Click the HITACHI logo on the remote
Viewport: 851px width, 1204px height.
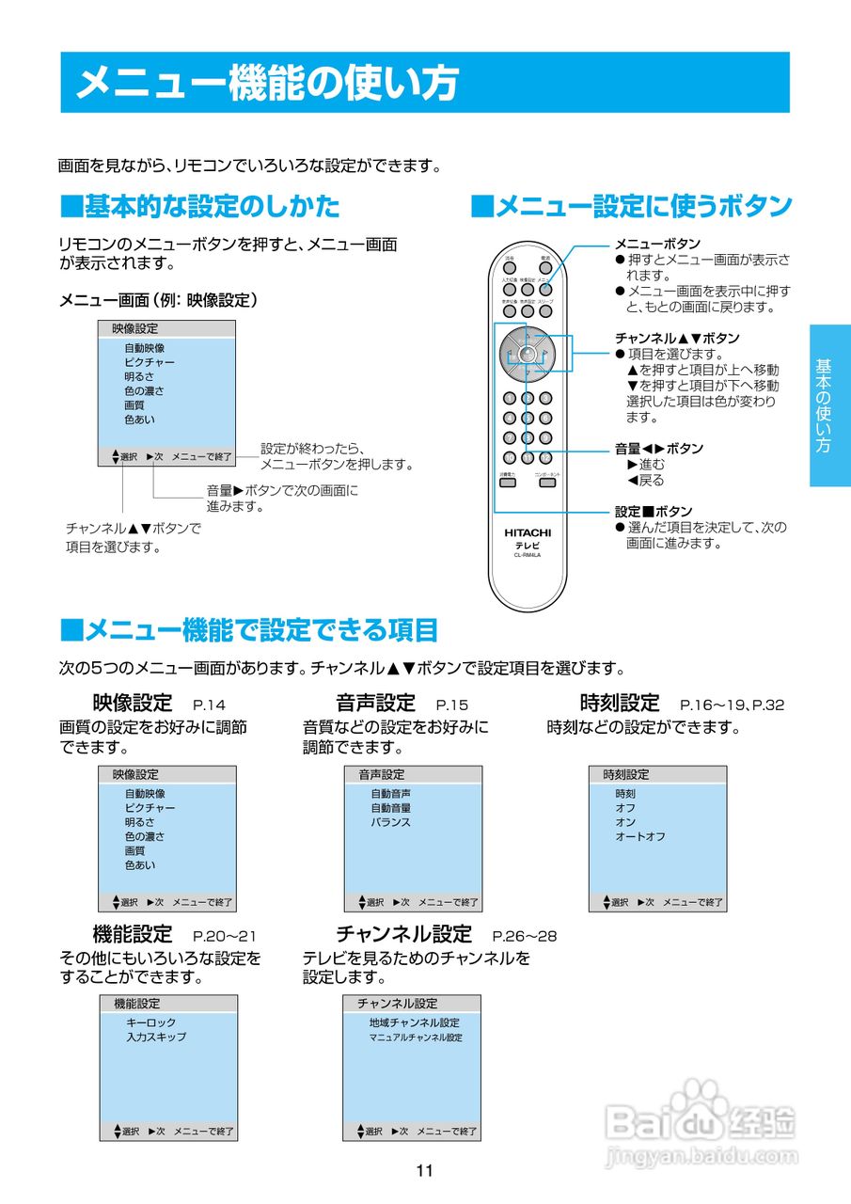[x=527, y=532]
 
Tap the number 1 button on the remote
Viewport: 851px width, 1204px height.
[x=509, y=398]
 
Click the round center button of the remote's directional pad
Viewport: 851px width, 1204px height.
[x=527, y=355]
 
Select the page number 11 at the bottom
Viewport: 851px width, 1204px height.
[x=424, y=1171]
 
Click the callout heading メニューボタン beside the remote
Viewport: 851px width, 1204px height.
[x=657, y=245]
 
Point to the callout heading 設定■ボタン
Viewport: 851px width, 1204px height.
[x=654, y=512]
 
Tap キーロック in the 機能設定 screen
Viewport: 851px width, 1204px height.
[x=150, y=1022]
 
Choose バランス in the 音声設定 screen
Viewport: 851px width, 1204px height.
[x=390, y=822]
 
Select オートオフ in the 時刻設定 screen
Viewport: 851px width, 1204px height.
[x=640, y=836]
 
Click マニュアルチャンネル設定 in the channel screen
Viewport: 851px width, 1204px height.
[x=416, y=1038]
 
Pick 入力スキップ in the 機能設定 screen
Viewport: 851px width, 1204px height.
[x=156, y=1037]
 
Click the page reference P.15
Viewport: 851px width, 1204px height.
[x=452, y=705]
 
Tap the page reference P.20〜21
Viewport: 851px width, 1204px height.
[x=225, y=936]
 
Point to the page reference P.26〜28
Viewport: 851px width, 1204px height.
[x=525, y=936]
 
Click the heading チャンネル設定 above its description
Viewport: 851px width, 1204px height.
[x=403, y=934]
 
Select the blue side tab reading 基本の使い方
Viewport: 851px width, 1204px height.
[x=829, y=405]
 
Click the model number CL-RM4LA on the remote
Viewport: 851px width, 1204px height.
[x=527, y=554]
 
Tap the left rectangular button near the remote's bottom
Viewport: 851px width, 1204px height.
[x=507, y=483]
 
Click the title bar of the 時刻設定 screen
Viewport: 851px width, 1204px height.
[x=657, y=775]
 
